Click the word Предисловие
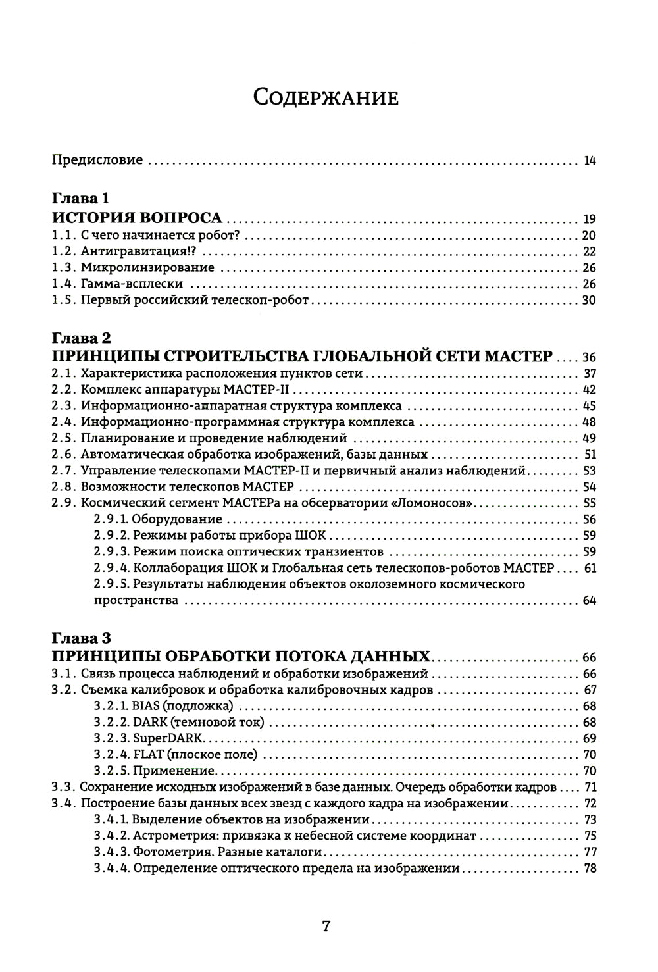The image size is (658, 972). click(97, 160)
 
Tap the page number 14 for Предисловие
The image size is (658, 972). click(590, 161)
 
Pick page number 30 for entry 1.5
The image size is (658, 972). click(589, 300)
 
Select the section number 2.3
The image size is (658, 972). click(64, 406)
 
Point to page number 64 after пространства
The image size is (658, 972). click(589, 601)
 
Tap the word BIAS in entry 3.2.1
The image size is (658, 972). click(146, 706)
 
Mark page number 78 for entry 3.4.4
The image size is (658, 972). click(590, 869)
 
